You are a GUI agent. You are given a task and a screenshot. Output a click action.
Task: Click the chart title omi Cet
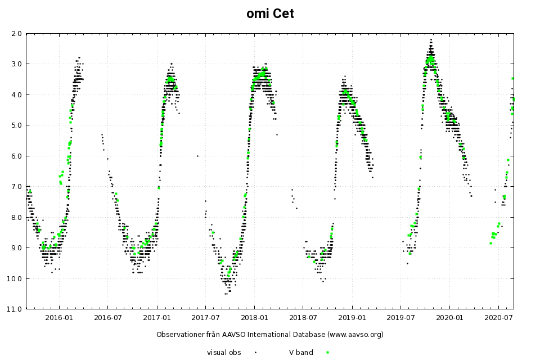(x=270, y=13)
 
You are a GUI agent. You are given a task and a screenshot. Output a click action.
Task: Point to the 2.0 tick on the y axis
(x=16, y=33)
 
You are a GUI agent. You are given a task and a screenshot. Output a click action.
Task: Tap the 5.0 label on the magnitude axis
(x=16, y=125)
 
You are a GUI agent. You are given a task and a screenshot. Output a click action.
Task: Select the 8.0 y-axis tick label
(x=16, y=217)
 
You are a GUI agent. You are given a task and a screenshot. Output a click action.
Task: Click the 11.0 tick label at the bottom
(x=15, y=309)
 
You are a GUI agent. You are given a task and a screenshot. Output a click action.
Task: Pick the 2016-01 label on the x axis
(x=59, y=318)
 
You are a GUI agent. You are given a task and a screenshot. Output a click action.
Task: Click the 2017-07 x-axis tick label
(x=205, y=318)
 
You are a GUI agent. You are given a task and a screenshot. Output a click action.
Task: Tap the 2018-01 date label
(x=254, y=318)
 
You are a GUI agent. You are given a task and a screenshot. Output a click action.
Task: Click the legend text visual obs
(x=224, y=352)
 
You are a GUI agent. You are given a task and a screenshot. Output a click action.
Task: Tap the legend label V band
(x=301, y=352)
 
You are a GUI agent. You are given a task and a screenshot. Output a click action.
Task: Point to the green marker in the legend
(x=327, y=352)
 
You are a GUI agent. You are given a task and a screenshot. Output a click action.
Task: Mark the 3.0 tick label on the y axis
(x=16, y=64)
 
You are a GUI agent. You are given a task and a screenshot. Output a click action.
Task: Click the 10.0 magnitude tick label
(x=15, y=278)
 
